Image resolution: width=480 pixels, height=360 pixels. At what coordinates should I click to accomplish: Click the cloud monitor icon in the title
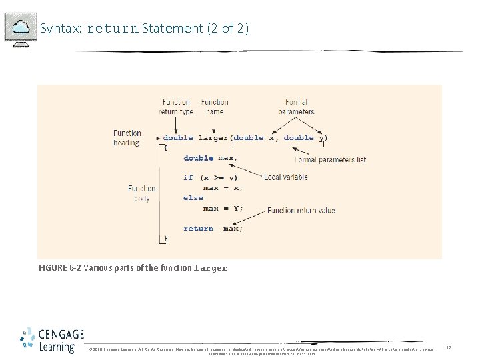[21, 28]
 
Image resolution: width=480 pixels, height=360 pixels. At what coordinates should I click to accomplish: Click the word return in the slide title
[112, 29]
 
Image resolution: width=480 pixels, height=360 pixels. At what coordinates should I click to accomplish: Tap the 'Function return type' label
[176, 107]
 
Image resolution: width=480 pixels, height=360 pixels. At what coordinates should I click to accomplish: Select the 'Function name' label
[215, 107]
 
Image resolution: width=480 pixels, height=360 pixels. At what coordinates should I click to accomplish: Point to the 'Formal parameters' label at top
[296, 107]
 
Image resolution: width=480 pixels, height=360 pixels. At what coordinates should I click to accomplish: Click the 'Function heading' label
[127, 137]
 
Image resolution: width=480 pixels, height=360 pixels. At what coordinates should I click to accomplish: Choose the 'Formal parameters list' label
[330, 160]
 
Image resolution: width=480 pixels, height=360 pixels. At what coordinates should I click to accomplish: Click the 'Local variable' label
[285, 177]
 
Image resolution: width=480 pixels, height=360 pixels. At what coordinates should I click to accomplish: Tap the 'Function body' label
[141, 193]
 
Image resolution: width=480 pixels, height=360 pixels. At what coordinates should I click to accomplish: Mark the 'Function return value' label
[301, 211]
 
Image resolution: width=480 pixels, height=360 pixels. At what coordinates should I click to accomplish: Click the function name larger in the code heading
[213, 138]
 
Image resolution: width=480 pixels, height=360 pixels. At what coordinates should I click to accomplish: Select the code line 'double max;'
[210, 158]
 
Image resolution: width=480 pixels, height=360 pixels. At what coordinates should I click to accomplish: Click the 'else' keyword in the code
[193, 198]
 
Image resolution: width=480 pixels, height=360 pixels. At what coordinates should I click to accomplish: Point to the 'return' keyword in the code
[199, 229]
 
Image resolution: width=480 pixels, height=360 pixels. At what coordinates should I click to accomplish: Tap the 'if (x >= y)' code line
[210, 178]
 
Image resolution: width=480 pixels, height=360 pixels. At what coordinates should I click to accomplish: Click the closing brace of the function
[166, 238]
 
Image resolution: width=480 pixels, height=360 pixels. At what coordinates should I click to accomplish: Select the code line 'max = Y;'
[223, 208]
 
